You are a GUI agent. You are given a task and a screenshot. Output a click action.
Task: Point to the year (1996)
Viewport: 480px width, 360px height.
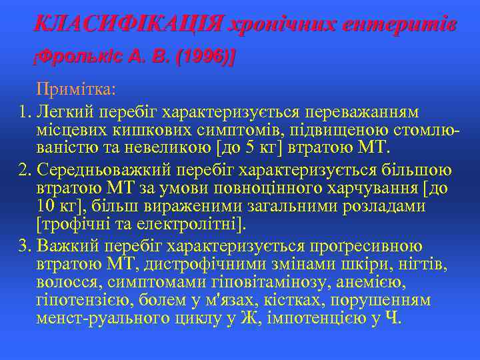(x=204, y=58)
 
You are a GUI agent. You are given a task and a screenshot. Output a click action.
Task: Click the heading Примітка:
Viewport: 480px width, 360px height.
(x=77, y=89)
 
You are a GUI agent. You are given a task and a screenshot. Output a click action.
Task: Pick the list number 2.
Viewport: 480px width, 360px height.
(x=25, y=171)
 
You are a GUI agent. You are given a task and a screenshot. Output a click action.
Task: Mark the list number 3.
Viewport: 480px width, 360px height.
(x=25, y=245)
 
